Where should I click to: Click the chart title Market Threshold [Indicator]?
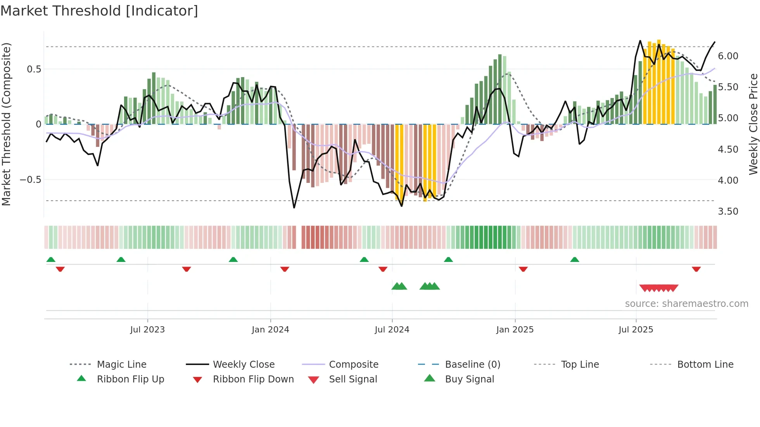[99, 11]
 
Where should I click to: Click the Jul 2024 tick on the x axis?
[392, 329]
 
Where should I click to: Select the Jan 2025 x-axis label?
[515, 329]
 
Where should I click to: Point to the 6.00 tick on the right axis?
[728, 56]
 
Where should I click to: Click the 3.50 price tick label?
[728, 211]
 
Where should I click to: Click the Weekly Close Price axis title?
[753, 124]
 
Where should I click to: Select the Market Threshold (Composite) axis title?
[6, 124]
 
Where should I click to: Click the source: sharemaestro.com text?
[686, 303]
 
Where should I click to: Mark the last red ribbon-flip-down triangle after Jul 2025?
[696, 269]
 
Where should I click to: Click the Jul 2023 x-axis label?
[147, 329]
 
